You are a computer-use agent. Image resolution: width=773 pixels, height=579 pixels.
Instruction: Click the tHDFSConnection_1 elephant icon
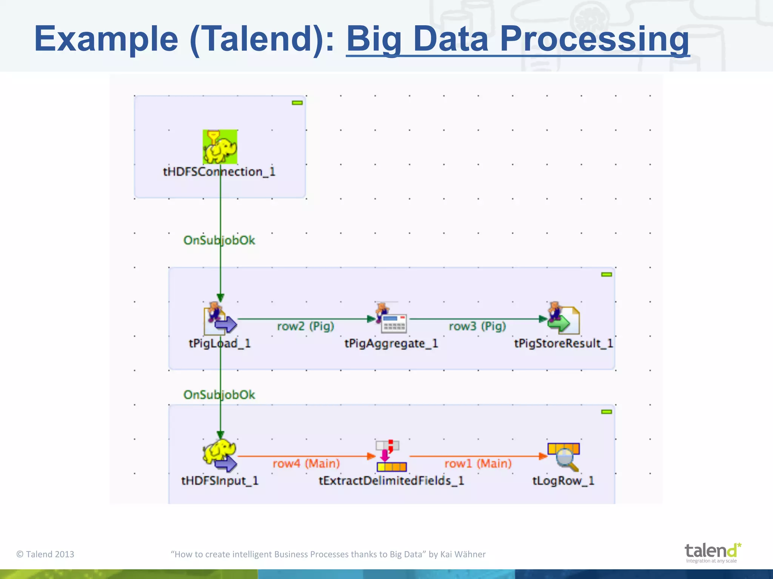[x=220, y=147]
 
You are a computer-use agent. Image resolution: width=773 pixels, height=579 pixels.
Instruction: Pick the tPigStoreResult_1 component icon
[x=564, y=319]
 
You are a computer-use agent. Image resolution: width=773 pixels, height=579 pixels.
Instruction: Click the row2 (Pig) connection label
[x=305, y=326]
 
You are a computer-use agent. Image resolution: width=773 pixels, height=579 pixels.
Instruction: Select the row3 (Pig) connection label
[x=477, y=326]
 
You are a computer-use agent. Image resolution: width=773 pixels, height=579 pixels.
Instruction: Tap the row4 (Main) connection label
[x=306, y=463]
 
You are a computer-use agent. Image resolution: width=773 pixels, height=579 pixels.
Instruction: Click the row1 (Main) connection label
[x=478, y=463]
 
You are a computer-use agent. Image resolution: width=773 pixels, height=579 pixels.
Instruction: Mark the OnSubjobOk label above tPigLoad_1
[x=219, y=240]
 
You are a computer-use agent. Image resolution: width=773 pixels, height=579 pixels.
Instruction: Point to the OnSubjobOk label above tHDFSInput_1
[x=219, y=395]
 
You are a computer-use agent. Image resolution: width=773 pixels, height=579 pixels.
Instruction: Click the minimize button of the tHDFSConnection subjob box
[x=297, y=103]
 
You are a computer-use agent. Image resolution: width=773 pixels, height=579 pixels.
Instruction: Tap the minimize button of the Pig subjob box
[x=606, y=274]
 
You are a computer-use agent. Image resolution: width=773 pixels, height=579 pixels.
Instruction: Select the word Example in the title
[x=106, y=39]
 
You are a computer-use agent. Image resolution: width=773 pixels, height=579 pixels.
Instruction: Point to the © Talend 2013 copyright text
[x=45, y=554]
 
